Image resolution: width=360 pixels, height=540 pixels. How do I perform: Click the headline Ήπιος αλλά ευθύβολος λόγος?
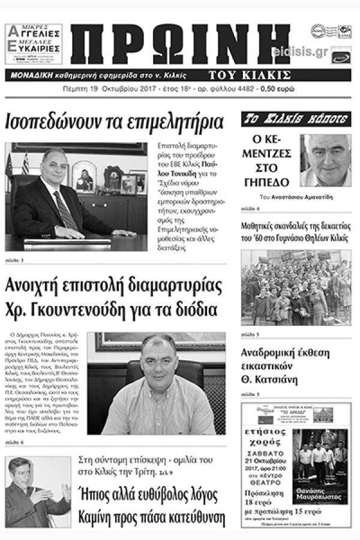pos(152,496)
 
